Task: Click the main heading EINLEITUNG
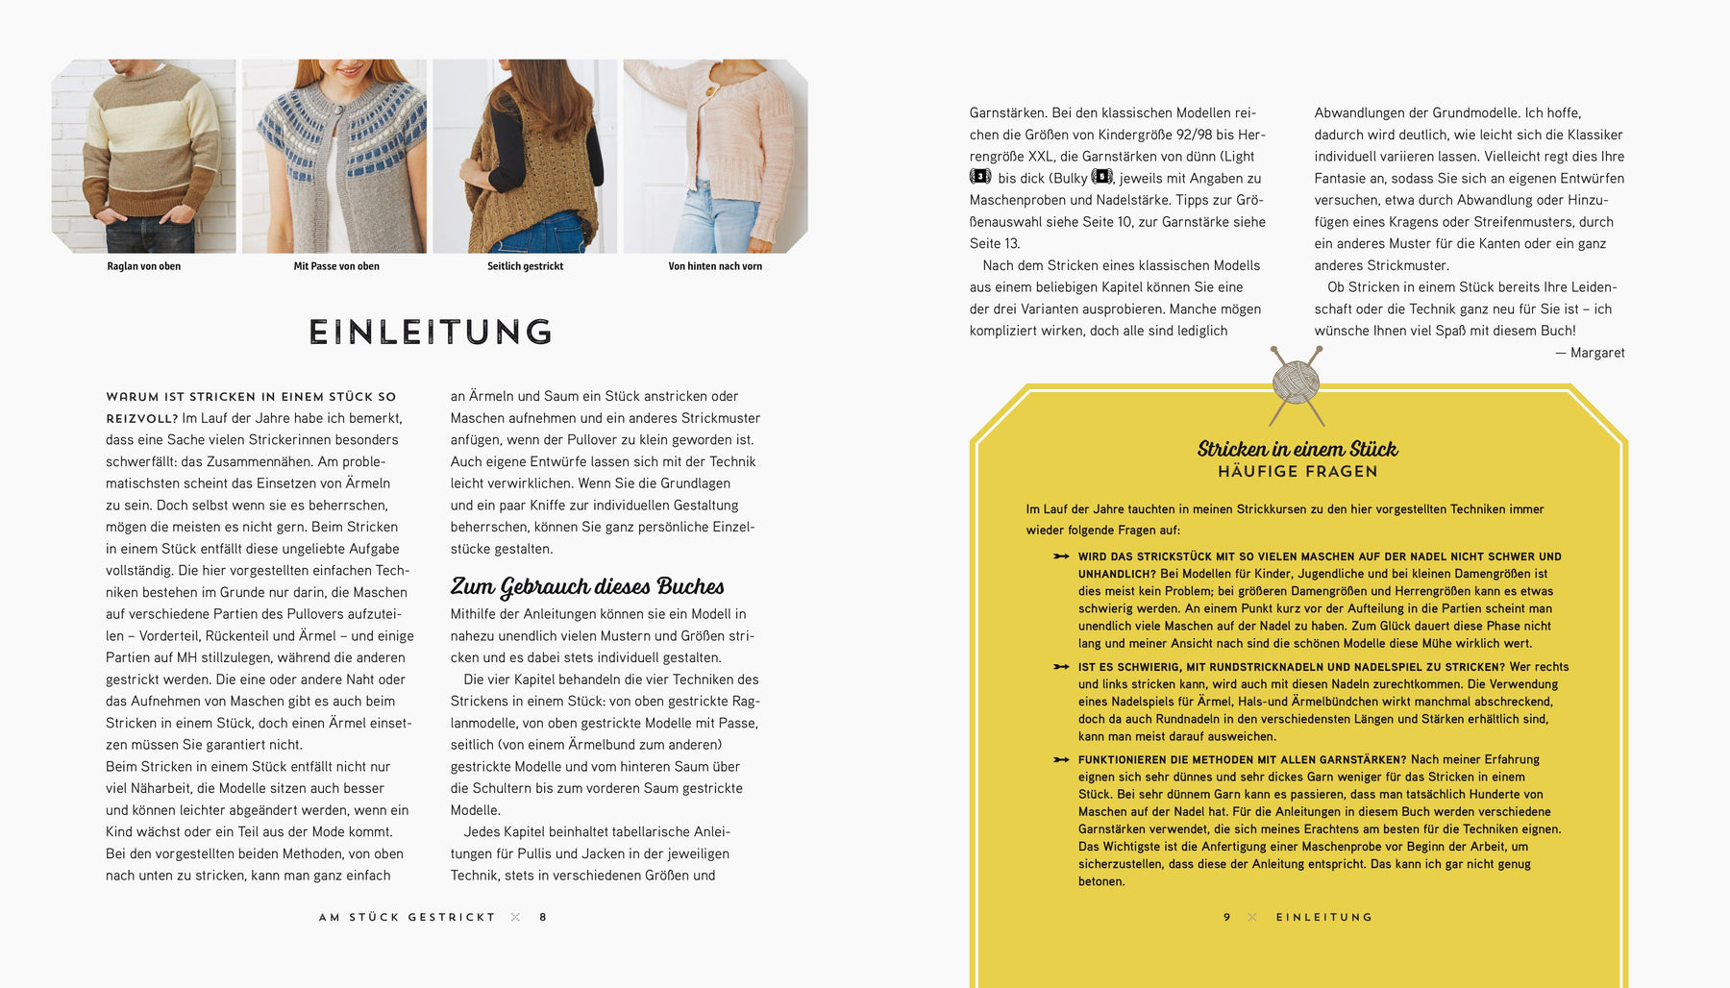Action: (x=431, y=333)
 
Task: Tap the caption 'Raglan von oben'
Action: (x=144, y=266)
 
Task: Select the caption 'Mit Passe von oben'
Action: (x=336, y=266)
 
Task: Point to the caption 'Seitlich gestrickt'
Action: (x=525, y=266)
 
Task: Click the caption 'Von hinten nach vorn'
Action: (x=715, y=266)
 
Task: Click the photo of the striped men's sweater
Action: (x=144, y=156)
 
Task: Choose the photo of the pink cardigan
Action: (x=715, y=156)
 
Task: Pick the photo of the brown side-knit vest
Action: (x=525, y=156)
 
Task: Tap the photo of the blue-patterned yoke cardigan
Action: (x=334, y=156)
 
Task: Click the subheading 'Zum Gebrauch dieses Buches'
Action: (x=587, y=586)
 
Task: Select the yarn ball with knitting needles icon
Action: (x=1297, y=383)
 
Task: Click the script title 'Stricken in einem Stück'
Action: (x=1297, y=449)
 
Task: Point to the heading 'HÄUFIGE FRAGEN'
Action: (x=1297, y=472)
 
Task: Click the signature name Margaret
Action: (x=1597, y=353)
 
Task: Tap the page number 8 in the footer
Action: (x=543, y=918)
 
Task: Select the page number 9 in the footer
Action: (x=1227, y=918)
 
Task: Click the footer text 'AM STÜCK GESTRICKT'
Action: (x=407, y=918)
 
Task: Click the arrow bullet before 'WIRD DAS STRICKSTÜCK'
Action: (x=1061, y=556)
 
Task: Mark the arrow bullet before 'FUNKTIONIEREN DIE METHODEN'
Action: (x=1061, y=759)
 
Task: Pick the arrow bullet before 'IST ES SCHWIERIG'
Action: (x=1061, y=667)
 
